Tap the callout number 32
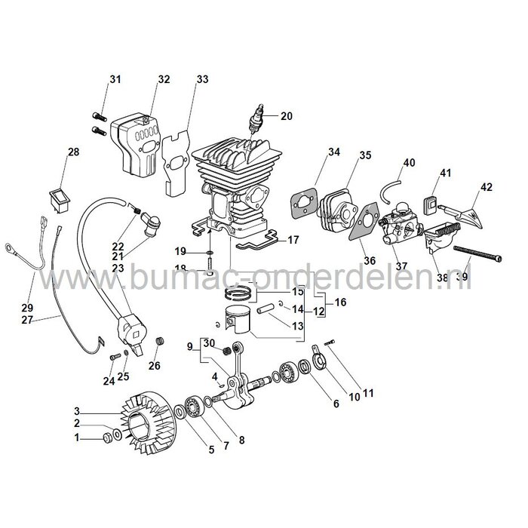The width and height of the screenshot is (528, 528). tap(164, 79)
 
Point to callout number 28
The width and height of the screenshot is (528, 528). tap(73, 152)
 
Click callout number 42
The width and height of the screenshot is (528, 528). tap(486, 186)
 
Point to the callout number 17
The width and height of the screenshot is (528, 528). tap(293, 241)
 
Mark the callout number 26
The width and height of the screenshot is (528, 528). tap(155, 367)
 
